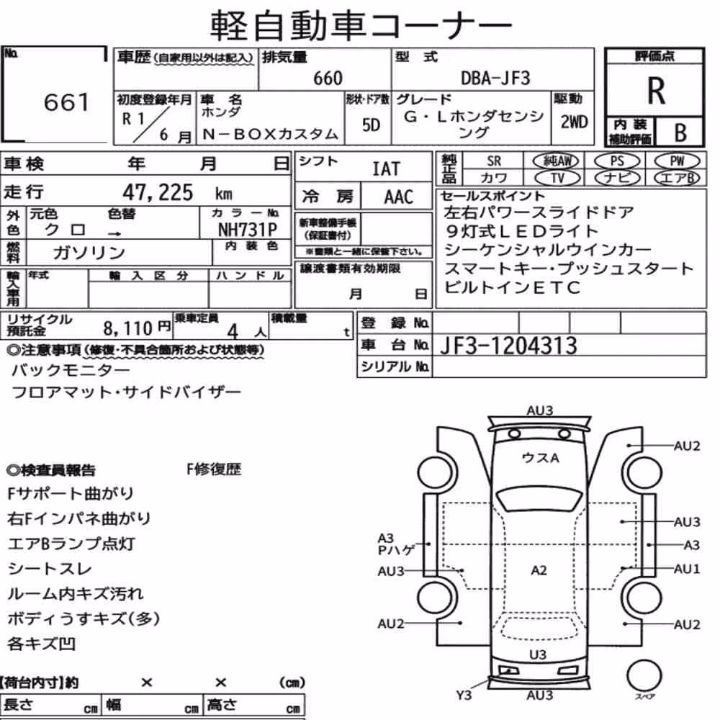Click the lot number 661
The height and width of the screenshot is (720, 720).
[66, 102]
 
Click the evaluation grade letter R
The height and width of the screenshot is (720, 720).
[656, 91]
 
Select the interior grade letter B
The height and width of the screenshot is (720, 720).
[680, 133]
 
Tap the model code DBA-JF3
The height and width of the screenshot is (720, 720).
[495, 78]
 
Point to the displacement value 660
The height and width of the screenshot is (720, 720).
[328, 78]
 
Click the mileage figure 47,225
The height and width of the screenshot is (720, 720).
[158, 192]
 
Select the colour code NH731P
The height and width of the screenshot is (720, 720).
[248, 230]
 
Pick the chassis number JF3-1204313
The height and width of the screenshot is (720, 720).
[508, 346]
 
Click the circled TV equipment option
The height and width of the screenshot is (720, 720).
[558, 178]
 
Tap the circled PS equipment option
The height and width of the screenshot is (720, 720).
[617, 161]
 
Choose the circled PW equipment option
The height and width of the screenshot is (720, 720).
[678, 161]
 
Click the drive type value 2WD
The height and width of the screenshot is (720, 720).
[574, 122]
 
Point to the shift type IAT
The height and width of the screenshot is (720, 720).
[386, 169]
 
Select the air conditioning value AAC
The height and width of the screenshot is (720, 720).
[399, 197]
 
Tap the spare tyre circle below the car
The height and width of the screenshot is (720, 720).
[644, 675]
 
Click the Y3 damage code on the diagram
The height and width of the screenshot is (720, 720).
[464, 696]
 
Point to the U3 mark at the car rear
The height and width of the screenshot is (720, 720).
[538, 654]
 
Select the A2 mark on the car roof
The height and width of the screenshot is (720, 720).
[539, 570]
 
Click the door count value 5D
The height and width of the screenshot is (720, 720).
[371, 125]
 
